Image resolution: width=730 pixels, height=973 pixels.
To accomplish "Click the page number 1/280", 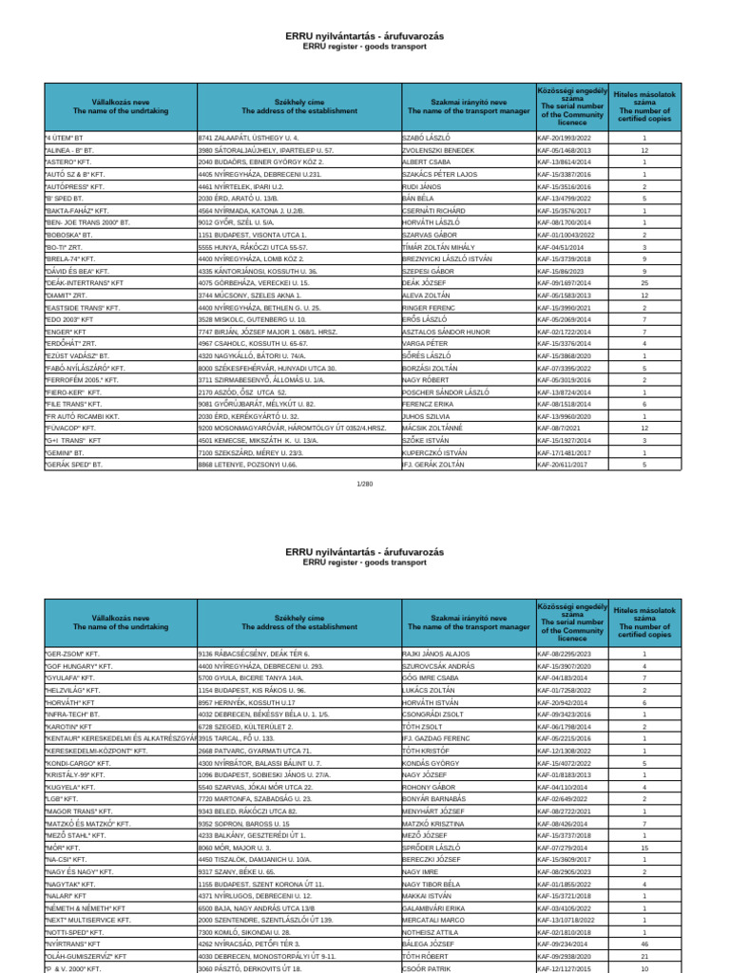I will coord(365,484).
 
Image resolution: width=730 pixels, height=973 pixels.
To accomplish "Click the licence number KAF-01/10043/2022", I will coord(571,234).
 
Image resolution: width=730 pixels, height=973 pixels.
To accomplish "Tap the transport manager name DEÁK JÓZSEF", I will coord(424,283).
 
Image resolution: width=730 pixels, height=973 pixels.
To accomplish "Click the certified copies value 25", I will coord(644,283).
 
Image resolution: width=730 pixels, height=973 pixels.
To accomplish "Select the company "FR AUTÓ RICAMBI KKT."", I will coord(82,416).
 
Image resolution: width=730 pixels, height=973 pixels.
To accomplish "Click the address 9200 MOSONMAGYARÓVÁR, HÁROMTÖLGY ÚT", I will coord(293,429).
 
